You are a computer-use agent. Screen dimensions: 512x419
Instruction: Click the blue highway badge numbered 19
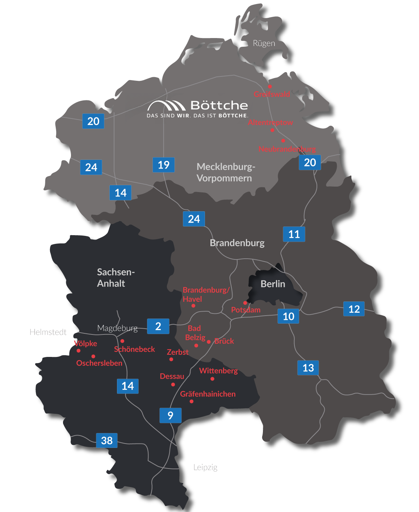(x=164, y=165)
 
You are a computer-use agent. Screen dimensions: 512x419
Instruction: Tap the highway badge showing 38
(x=107, y=440)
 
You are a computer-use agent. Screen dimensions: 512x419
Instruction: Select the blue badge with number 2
(x=158, y=326)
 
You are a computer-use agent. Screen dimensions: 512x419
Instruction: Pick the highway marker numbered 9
(x=171, y=415)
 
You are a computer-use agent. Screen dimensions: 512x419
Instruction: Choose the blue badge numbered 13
(x=308, y=368)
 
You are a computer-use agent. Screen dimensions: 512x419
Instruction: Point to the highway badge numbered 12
(x=354, y=309)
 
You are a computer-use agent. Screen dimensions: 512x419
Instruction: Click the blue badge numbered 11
(x=294, y=234)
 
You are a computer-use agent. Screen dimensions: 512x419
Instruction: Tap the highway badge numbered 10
(x=289, y=316)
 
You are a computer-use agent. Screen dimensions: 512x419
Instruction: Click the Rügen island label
(x=264, y=43)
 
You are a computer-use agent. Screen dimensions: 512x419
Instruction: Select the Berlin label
(x=273, y=284)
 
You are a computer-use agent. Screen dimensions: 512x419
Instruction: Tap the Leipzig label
(x=205, y=467)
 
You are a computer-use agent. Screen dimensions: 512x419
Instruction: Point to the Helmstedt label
(x=49, y=332)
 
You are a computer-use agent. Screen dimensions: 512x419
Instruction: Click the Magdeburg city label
(x=117, y=328)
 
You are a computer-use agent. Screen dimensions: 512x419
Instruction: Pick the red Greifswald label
(x=272, y=94)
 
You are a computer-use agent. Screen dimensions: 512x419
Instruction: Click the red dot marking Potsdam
(x=245, y=303)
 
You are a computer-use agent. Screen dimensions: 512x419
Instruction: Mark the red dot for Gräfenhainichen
(x=192, y=401)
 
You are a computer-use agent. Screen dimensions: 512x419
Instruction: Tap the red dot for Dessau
(x=173, y=384)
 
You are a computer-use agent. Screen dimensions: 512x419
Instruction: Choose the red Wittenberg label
(x=218, y=371)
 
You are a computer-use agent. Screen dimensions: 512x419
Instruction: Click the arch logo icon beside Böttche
(x=167, y=105)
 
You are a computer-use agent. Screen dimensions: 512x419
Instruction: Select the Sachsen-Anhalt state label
(x=116, y=278)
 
